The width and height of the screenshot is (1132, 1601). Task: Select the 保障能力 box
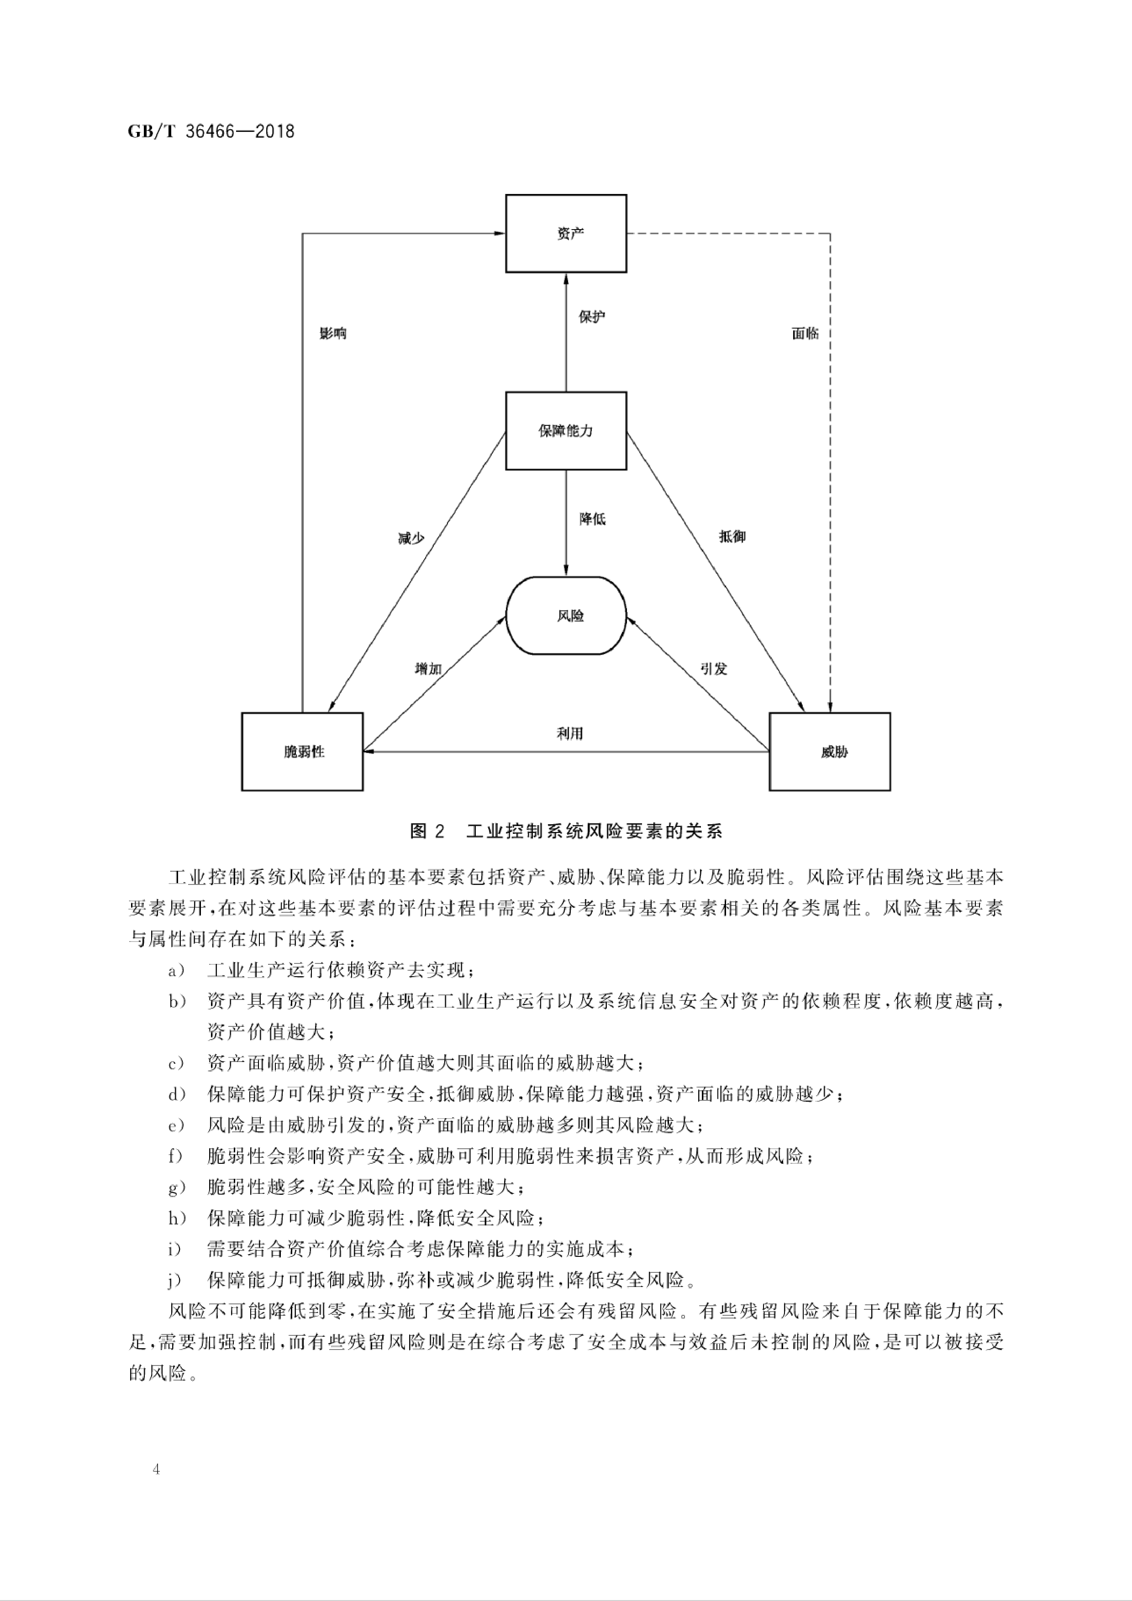pyautogui.click(x=566, y=430)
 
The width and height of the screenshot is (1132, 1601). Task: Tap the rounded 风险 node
pyautogui.click(x=566, y=616)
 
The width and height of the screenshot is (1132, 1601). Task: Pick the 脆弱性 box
pyautogui.click(x=302, y=752)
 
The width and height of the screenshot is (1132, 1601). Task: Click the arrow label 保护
pyautogui.click(x=591, y=317)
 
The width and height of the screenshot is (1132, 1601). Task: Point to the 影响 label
pyautogui.click(x=333, y=333)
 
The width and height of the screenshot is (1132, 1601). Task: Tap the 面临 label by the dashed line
pyautogui.click(x=805, y=333)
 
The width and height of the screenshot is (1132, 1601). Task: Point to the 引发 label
pyautogui.click(x=714, y=669)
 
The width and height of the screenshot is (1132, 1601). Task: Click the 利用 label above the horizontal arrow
pyautogui.click(x=569, y=733)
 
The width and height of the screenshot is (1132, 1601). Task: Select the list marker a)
pyautogui.click(x=176, y=971)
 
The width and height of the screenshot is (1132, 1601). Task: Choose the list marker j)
pyautogui.click(x=176, y=1280)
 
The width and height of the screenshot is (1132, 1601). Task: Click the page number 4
pyautogui.click(x=156, y=1469)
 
